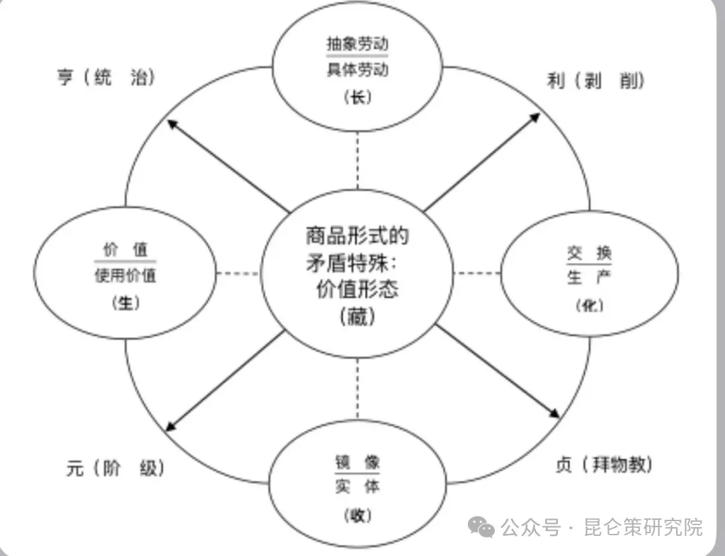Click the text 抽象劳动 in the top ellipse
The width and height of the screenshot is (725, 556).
pos(357,44)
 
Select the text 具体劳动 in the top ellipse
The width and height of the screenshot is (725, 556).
pos(357,69)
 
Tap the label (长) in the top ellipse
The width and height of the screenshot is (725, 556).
pos(357,97)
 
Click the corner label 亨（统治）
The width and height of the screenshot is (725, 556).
pos(106,78)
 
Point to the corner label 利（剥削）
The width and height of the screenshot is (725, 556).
pos(596,81)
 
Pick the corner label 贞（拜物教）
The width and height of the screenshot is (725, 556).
pos(605,464)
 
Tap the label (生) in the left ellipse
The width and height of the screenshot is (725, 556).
pos(125,303)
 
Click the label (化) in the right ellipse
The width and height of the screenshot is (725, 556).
pos(589,305)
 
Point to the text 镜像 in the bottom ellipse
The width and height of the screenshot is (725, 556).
pos(357,462)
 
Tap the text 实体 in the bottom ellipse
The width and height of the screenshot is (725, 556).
pos(357,487)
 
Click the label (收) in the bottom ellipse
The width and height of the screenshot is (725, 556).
pos(357,515)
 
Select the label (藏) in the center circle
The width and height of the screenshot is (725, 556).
pos(357,315)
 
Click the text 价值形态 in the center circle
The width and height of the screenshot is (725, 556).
pos(357,289)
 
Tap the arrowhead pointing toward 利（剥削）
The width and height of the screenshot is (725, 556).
pos(534,118)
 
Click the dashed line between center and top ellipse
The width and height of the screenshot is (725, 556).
pos(357,161)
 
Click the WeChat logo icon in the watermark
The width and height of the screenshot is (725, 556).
pos(482,528)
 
